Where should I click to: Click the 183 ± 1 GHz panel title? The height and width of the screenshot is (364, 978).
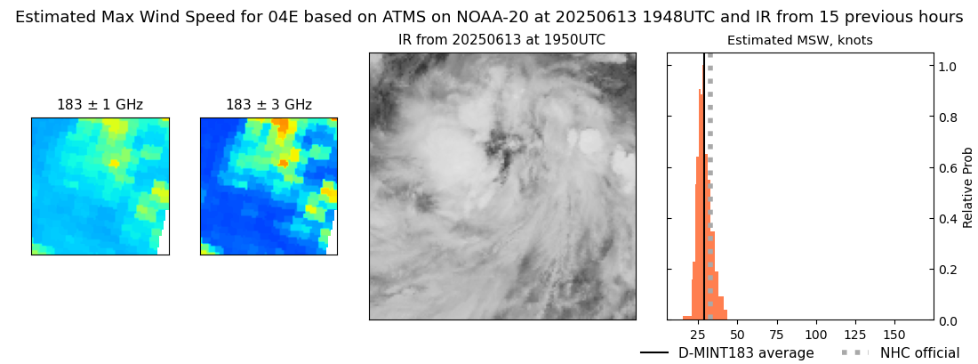click(x=100, y=105)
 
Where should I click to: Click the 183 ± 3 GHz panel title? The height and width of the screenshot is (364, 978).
click(x=269, y=105)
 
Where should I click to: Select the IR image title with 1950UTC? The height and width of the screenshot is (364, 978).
click(x=501, y=40)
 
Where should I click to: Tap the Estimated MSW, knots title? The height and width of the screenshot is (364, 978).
click(x=799, y=40)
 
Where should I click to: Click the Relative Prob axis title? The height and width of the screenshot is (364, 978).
click(x=968, y=187)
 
